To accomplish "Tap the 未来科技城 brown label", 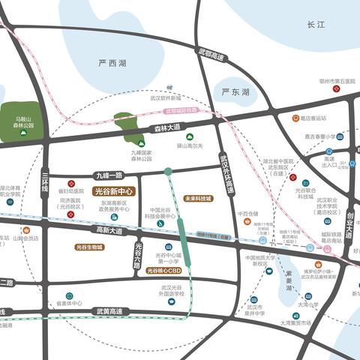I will [198, 199].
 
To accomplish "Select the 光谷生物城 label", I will [89, 247].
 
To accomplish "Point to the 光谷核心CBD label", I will [163, 270].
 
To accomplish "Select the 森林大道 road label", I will [166, 127].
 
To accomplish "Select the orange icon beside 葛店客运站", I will [295, 118].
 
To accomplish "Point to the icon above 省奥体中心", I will [69, 296].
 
